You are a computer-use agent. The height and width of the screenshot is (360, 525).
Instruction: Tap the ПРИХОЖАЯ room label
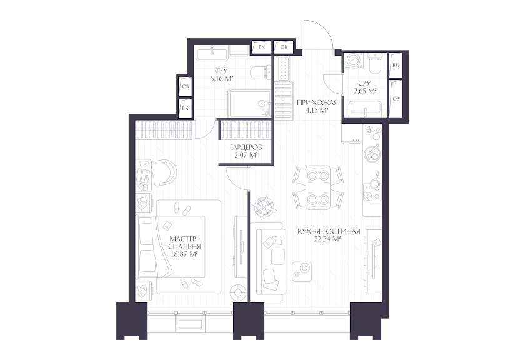[x=317, y=102]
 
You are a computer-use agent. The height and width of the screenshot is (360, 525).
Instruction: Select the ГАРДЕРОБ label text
[x=246, y=147]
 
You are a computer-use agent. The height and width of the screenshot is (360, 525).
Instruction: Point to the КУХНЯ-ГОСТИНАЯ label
[x=329, y=231]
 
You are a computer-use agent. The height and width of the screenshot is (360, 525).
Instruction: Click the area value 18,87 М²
[x=184, y=254]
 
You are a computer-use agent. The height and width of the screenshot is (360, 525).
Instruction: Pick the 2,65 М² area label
[x=365, y=91]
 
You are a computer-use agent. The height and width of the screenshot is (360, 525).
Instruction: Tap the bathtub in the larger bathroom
[x=250, y=104]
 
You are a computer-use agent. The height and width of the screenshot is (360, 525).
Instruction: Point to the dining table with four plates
[x=318, y=187]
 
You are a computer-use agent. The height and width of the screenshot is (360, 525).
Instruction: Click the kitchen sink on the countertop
[x=372, y=153]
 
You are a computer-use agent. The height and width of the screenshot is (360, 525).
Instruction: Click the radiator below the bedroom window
[x=190, y=324]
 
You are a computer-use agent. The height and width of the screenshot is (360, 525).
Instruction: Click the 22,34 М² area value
[x=328, y=239]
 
